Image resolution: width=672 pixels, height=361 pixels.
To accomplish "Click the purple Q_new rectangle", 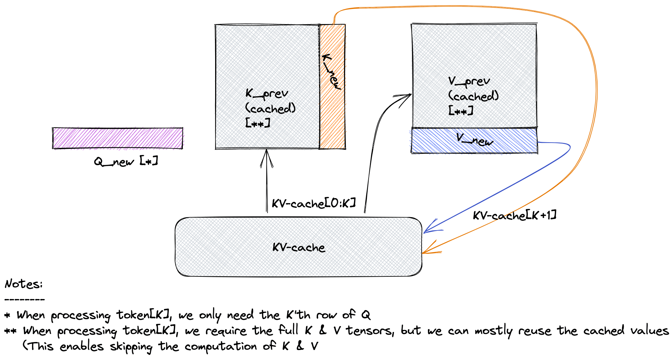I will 118,138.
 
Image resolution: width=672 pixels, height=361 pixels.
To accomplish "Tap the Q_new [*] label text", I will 126,162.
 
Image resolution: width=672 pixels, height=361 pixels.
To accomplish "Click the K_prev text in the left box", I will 266,94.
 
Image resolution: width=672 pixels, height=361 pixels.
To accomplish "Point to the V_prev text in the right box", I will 469,81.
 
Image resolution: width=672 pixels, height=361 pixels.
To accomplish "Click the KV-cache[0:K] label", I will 314,203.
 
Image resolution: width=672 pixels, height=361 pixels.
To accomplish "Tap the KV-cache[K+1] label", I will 514,215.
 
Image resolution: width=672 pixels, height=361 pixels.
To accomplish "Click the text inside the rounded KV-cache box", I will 299,247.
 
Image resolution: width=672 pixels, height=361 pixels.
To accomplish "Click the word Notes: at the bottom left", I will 24,284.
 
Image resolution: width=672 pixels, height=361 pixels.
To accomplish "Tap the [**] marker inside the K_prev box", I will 257,124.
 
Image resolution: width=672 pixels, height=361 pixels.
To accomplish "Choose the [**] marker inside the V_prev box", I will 461,111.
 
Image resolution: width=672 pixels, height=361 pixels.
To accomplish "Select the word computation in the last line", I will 220,347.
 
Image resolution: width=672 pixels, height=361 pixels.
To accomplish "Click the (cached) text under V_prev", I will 473,96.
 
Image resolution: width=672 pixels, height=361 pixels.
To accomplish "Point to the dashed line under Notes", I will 25,299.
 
